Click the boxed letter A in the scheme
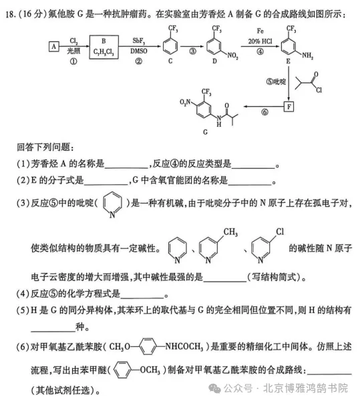click(x=54, y=47)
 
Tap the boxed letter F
click(x=289, y=107)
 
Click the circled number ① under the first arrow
click(x=73, y=61)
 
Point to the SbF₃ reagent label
click(x=139, y=41)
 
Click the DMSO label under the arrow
click(x=139, y=51)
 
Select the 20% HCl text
click(x=260, y=41)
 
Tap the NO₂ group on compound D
click(x=232, y=55)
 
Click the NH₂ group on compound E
click(x=307, y=55)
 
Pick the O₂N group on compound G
click(x=185, y=102)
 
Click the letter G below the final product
click(x=205, y=132)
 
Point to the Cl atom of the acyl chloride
click(x=319, y=90)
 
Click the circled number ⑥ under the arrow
click(x=264, y=112)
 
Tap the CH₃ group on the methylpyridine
click(x=230, y=232)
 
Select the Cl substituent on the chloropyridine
click(x=280, y=232)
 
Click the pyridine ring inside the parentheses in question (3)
click(x=112, y=205)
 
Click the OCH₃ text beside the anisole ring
click(x=150, y=370)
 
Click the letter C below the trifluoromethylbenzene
click(x=170, y=61)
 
